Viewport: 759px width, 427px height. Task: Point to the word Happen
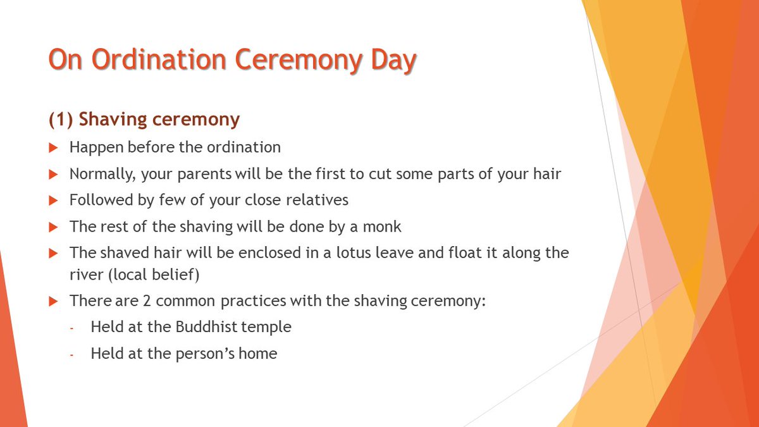pos(96,147)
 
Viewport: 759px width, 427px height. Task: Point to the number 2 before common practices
pos(147,300)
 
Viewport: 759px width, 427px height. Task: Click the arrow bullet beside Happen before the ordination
pos(53,148)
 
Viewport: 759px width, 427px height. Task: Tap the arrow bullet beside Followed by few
pos(53,201)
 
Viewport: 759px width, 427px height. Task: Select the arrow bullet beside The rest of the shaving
pos(53,227)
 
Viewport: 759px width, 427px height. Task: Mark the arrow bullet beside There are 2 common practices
pos(53,301)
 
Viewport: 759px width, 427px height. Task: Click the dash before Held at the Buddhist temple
pos(72,328)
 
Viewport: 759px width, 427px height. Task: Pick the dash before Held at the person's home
pos(72,354)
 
